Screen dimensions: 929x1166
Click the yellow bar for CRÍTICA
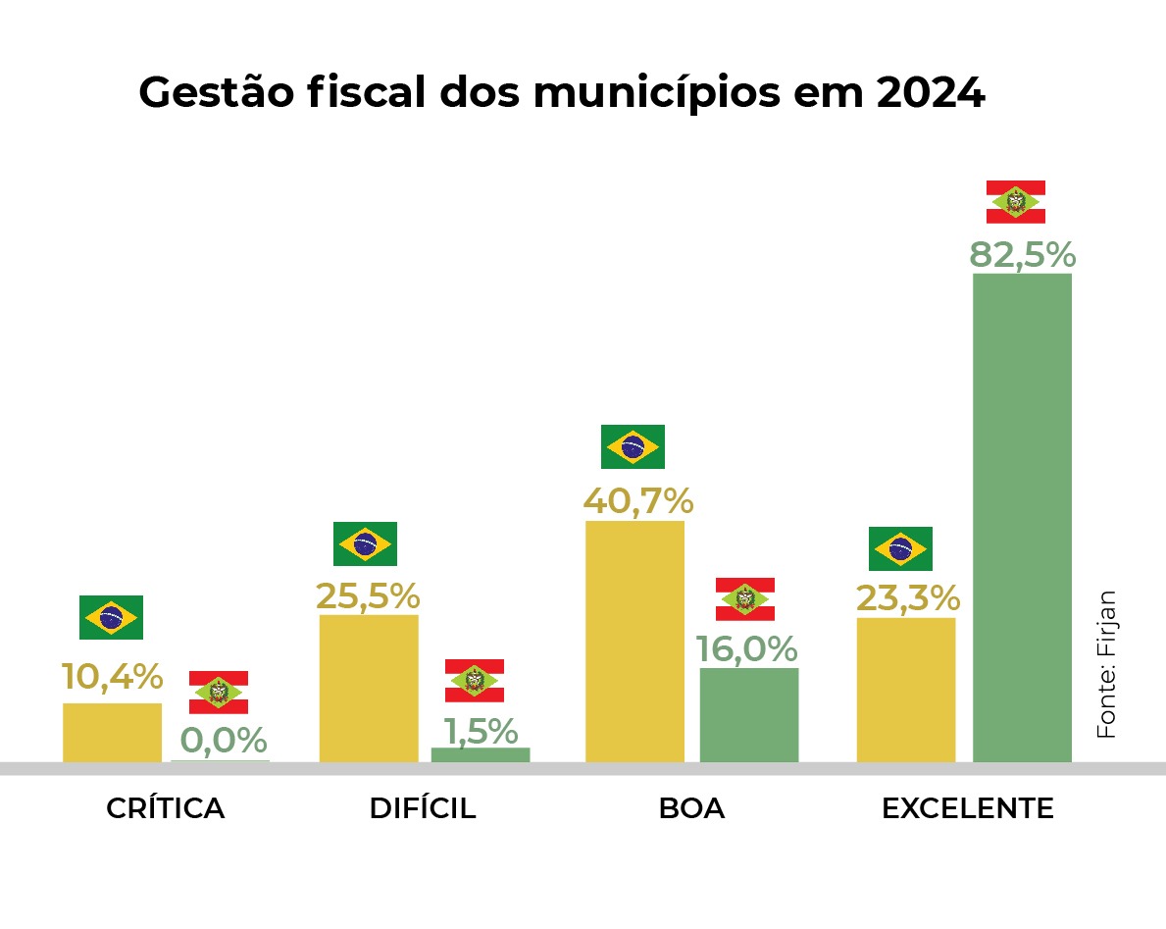[112, 732]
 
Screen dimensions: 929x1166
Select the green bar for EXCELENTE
[1022, 517]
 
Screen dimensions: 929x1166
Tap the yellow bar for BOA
[634, 641]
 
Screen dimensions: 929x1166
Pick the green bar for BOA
[749, 714]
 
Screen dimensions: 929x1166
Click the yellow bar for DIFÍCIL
[369, 688]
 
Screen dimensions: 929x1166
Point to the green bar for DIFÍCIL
[481, 754]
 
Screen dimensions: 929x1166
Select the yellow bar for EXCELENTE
[906, 689]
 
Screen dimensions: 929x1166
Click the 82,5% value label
[1022, 254]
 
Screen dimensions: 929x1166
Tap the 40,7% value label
[638, 501]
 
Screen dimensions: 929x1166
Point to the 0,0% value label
[224, 740]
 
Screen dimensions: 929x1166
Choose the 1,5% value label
[480, 731]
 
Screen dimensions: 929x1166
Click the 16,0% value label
[747, 649]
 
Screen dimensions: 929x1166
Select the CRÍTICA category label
[165, 808]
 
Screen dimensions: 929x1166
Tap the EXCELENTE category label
[967, 808]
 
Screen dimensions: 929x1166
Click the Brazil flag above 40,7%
[633, 446]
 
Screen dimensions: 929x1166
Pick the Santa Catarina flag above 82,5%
[1015, 202]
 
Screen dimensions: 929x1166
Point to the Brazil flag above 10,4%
[111, 617]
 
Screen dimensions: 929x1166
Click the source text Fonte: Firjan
[1105, 664]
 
